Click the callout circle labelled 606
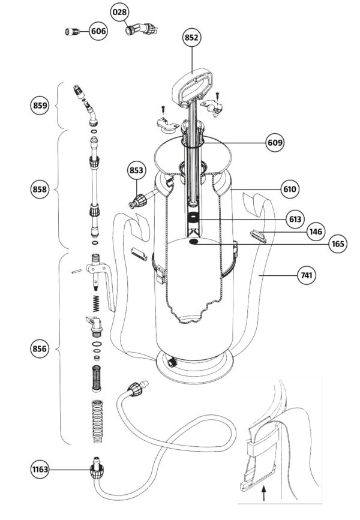[98, 31]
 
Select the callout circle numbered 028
[119, 12]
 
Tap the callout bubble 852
[191, 37]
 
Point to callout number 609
[275, 143]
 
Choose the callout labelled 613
[295, 219]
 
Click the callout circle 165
[338, 244]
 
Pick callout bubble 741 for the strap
[307, 275]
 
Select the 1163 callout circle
[40, 469]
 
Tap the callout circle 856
[40, 348]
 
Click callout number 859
[40, 106]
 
